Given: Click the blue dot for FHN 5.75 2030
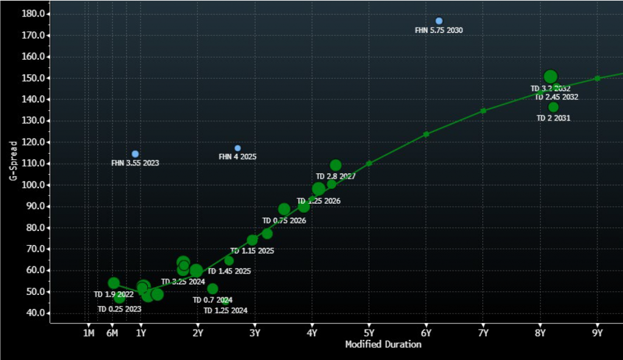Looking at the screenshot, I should pos(439,21).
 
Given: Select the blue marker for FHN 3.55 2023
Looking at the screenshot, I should pos(135,154).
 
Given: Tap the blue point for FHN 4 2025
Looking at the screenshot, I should pos(237,148).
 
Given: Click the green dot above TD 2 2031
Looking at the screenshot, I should pos(553,107).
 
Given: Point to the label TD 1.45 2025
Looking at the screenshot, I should pos(229,271).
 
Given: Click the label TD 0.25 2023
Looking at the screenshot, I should pos(120,309).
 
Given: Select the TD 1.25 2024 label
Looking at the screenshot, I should pos(225,311).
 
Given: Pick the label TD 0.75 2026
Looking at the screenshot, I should pos(284,221).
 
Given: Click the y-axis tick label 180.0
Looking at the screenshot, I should pos(30,13).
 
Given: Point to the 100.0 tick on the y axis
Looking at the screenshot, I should pos(30,185).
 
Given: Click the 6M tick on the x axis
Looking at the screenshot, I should pos(112,333).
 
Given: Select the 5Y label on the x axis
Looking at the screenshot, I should pos(369,333).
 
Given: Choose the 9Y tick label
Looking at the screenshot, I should pos(597,333).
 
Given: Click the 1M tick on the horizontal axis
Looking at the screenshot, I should pos(88,333).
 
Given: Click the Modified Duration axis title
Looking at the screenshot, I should pos(383,345).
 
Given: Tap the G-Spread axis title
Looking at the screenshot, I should pos(12,161).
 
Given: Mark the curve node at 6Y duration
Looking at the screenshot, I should pos(426,134).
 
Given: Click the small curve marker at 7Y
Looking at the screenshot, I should pos(483,111).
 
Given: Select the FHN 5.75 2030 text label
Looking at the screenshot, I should pos(439,30).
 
